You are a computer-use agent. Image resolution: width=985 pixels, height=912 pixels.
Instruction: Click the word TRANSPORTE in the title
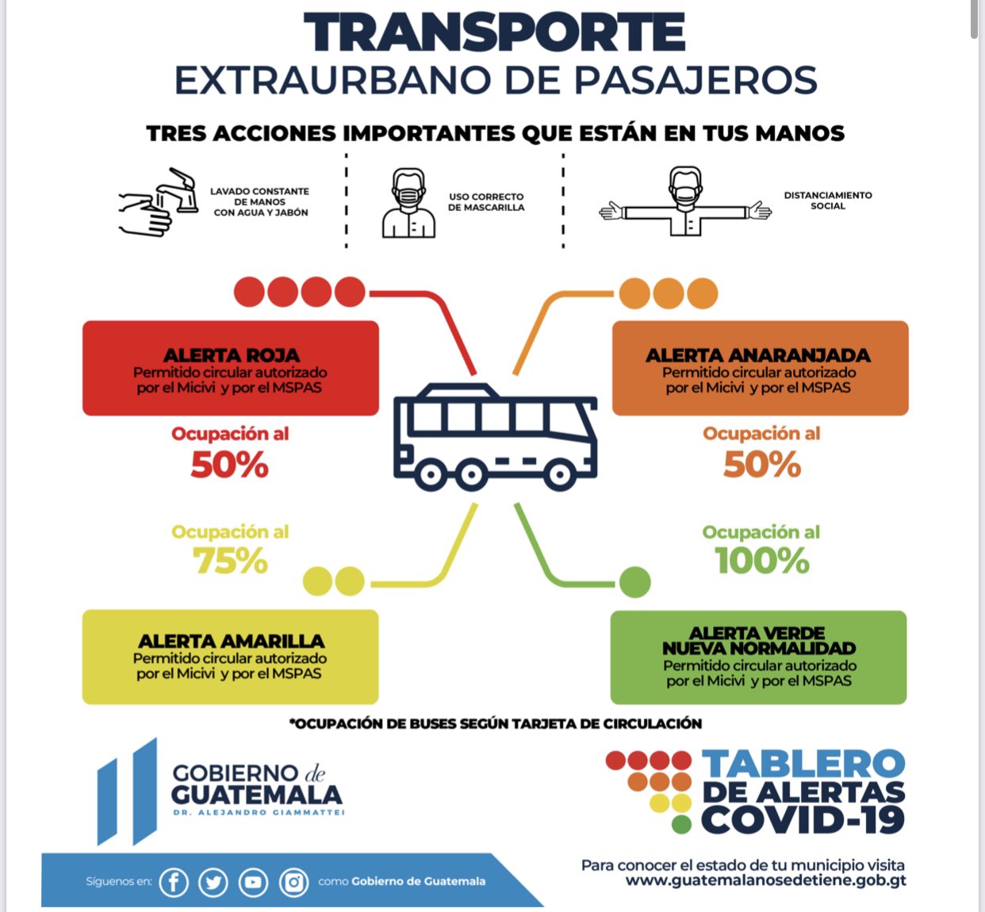(494, 34)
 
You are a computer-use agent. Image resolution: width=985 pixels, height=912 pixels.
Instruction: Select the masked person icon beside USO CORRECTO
(408, 203)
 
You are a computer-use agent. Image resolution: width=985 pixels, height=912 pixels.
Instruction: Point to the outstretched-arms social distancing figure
(685, 203)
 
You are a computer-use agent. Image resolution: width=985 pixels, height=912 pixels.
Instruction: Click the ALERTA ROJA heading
(231, 354)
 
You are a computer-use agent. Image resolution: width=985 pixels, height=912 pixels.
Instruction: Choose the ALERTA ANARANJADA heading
(757, 354)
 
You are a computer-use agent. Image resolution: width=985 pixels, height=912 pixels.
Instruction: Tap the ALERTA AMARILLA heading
(231, 641)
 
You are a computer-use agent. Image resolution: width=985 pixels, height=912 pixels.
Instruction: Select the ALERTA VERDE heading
(757, 633)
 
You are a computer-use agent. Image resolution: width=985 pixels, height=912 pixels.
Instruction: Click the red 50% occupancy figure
(229, 465)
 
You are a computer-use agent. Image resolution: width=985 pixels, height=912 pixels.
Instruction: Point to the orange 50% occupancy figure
(762, 465)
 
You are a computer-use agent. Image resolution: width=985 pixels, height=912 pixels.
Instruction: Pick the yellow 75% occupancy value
(230, 561)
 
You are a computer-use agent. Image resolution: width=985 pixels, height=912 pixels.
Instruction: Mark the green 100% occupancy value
(761, 561)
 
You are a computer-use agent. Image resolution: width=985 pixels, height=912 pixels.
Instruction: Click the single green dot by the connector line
(634, 583)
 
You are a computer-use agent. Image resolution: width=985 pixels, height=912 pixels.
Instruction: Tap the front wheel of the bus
(559, 476)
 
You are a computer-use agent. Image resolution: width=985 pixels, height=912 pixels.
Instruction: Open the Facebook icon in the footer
(174, 882)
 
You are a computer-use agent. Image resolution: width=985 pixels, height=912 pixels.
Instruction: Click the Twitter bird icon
(213, 882)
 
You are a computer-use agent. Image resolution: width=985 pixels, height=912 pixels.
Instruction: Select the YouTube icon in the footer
(253, 882)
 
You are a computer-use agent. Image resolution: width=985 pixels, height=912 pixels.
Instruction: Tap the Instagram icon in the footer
(293, 882)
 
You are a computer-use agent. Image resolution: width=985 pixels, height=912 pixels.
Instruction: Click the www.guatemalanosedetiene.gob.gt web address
(765, 880)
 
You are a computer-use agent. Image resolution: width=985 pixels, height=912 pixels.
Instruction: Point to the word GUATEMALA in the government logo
(256, 795)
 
